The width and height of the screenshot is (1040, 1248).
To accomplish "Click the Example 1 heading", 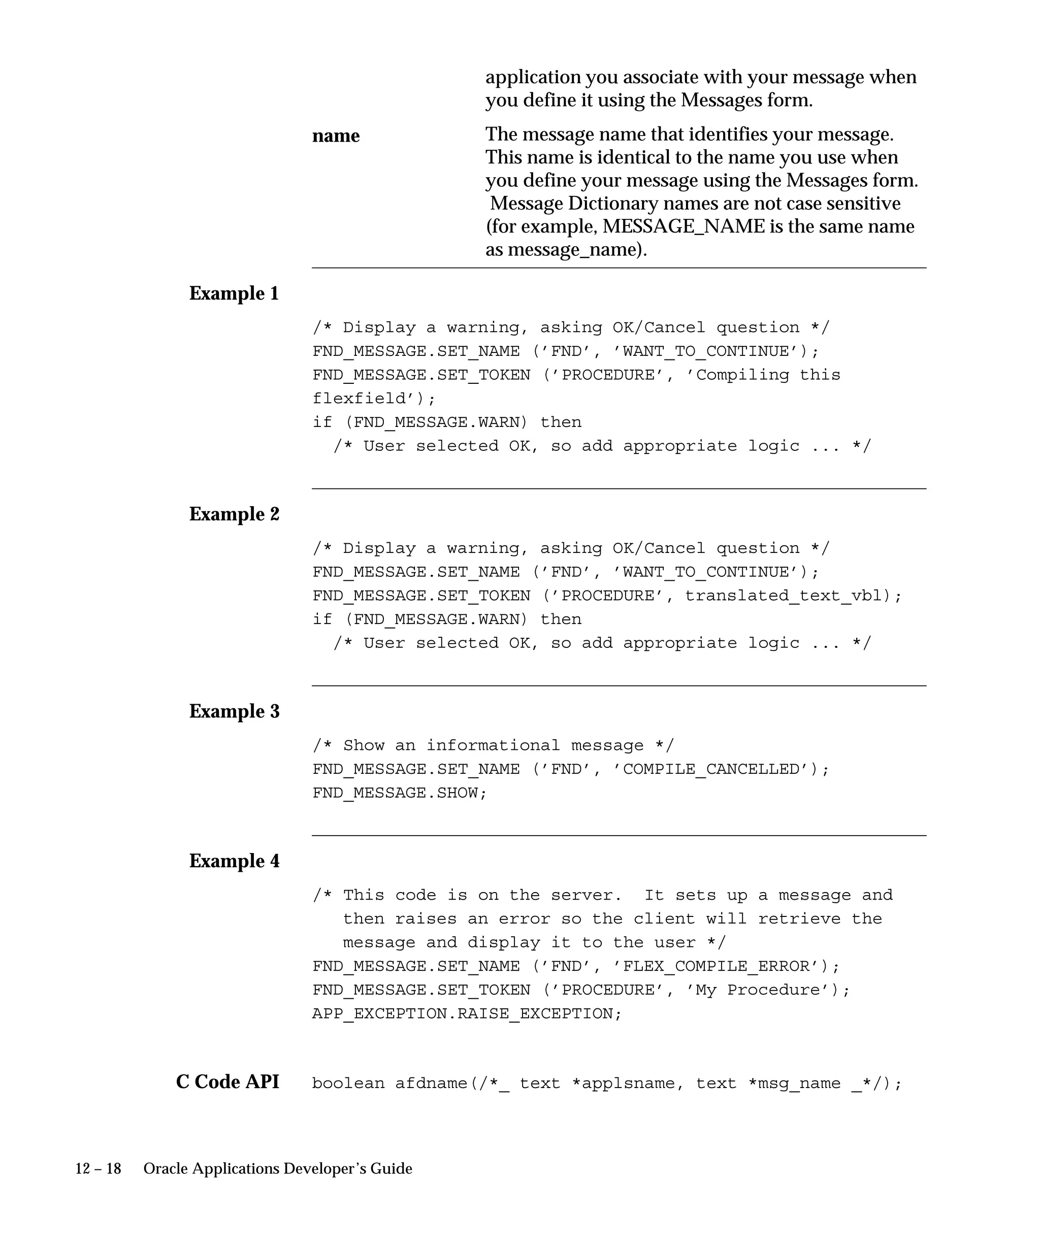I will point(234,293).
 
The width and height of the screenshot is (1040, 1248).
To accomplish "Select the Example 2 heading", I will point(234,514).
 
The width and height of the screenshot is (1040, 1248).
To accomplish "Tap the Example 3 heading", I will point(234,711).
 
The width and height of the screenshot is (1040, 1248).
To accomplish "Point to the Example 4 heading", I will point(234,861).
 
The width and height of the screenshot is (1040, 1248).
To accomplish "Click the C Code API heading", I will point(227,1081).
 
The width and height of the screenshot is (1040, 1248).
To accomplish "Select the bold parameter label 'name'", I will point(336,136).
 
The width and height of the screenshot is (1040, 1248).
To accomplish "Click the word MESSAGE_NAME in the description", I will point(684,226).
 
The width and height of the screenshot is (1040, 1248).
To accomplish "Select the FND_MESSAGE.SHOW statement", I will point(399,793).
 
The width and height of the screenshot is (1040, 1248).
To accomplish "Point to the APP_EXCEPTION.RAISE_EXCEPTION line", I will point(467,1014).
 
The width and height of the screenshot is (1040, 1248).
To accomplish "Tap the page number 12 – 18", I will point(98,1169).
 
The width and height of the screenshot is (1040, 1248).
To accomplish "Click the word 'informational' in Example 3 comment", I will point(493,745).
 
